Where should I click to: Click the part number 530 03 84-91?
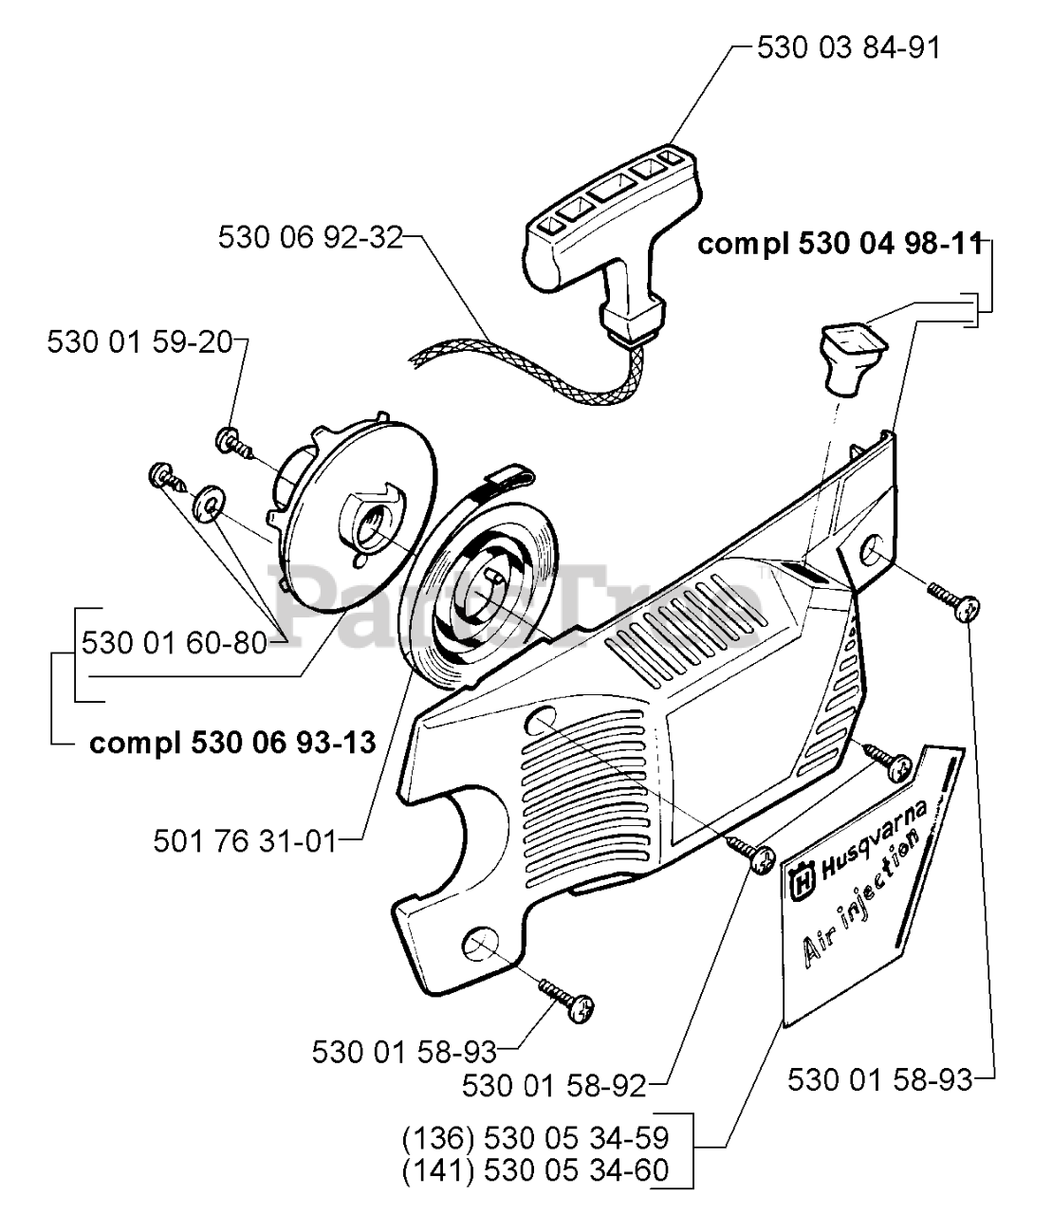pyautogui.click(x=848, y=47)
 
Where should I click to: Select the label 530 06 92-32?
pyautogui.click(x=310, y=236)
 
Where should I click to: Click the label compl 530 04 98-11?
pyautogui.click(x=839, y=244)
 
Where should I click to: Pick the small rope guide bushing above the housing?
pyautogui.click(x=850, y=355)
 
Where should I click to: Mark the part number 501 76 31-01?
pyautogui.click(x=245, y=839)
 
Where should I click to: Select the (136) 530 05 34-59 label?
pyautogui.click(x=535, y=1137)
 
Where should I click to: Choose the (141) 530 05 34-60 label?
pyautogui.click(x=535, y=1170)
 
